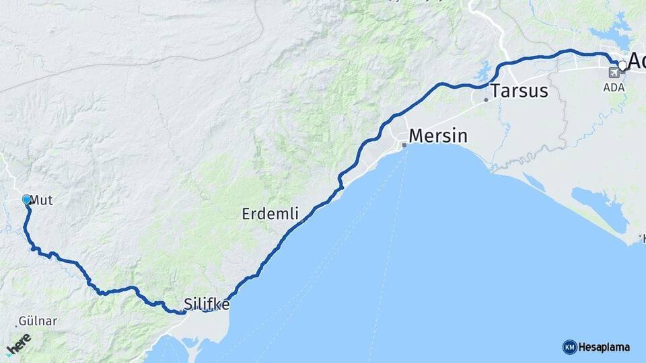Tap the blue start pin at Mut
[x=27, y=200]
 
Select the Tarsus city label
[x=519, y=91]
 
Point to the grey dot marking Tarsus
[x=485, y=100]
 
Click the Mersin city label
[x=438, y=136]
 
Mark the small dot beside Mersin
[x=404, y=145]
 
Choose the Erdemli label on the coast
[x=270, y=214]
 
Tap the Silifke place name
[x=207, y=305]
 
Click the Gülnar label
[x=38, y=321]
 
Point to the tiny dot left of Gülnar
[x=16, y=327]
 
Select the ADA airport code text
[x=614, y=88]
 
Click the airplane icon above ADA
[x=614, y=73]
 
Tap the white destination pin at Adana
[x=623, y=65]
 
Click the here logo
[x=18, y=344]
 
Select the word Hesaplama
[x=604, y=348]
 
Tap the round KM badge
[x=569, y=348]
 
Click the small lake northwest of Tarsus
[x=482, y=69]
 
